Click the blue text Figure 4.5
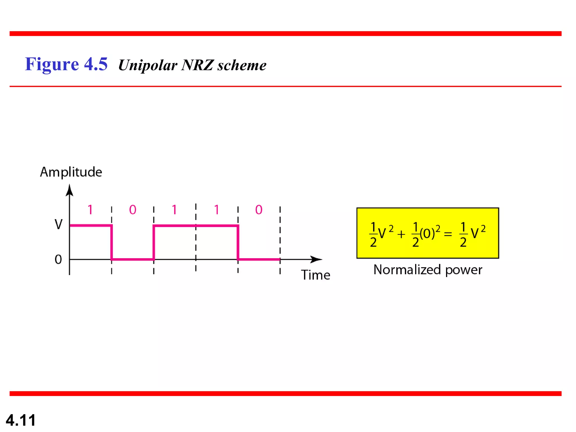[x=66, y=64]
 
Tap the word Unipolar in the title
[x=148, y=65]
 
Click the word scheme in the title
[x=242, y=65]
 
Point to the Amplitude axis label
[x=71, y=172]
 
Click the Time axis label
[x=316, y=275]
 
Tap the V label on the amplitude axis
[x=58, y=224]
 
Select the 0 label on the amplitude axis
[x=58, y=259]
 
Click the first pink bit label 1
[x=90, y=210]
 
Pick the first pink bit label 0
[x=132, y=210]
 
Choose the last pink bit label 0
[x=259, y=210]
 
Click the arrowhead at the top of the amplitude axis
[x=69, y=190]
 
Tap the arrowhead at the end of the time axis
[x=316, y=259]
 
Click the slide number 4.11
[x=21, y=420]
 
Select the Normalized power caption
[x=427, y=270]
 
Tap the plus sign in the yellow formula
[x=401, y=234]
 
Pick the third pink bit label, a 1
[x=174, y=210]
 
